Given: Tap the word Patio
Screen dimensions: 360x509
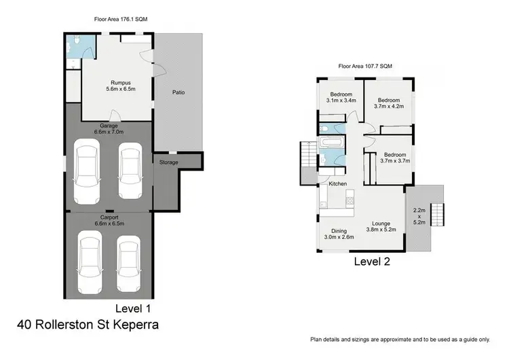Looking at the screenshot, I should coord(178,92).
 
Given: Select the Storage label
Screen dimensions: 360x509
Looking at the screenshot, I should coord(169,162).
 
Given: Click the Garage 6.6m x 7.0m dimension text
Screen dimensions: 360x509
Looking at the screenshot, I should coord(109,128).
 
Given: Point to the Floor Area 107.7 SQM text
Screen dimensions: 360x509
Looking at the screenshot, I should coord(365,66).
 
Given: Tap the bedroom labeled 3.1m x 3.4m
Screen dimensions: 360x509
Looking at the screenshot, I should coord(341,97).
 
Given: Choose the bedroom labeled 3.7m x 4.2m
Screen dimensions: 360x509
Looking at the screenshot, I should coord(388,102).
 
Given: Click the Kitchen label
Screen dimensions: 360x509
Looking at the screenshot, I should coord(338,184).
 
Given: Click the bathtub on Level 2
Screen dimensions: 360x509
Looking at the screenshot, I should coord(332,143).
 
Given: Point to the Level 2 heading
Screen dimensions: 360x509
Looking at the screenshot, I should coord(371,260).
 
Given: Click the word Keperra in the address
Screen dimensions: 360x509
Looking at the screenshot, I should coord(136,324).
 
